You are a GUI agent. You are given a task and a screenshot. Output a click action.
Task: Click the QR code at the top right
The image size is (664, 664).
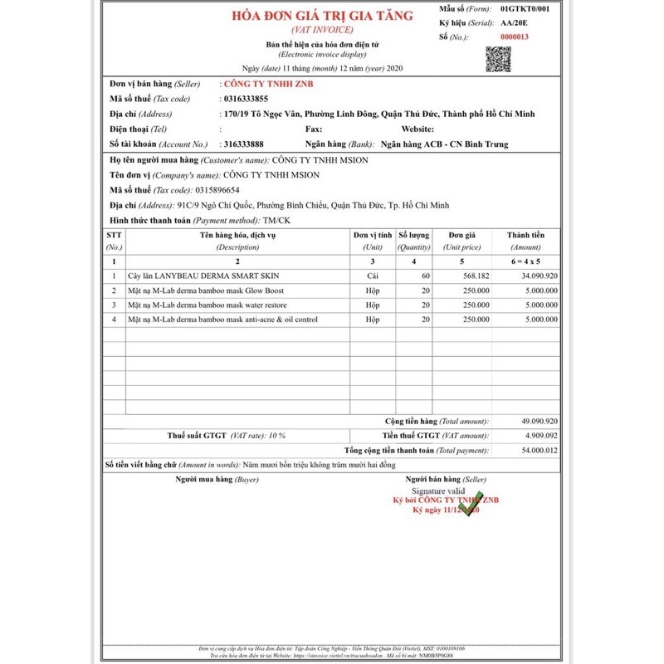[x=498, y=59]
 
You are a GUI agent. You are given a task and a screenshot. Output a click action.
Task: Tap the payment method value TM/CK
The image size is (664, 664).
[x=276, y=220]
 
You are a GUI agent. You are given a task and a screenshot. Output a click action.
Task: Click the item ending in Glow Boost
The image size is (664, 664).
[x=206, y=290]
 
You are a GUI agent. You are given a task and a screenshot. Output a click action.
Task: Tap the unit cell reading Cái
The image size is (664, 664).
[x=373, y=275]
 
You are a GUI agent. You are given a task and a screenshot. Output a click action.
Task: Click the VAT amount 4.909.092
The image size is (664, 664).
[x=541, y=435]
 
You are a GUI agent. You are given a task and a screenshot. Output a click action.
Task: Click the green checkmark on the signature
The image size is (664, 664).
[x=470, y=503]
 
